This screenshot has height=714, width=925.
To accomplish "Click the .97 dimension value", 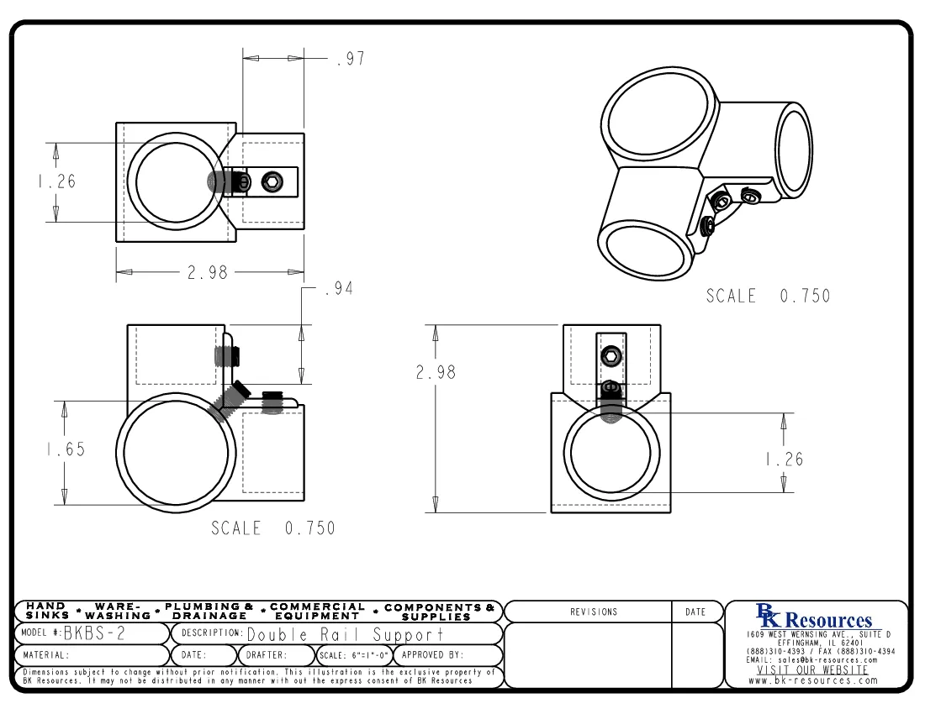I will (350, 60).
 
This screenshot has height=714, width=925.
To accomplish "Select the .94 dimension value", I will (338, 289).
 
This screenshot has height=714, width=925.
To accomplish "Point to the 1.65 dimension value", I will (65, 449).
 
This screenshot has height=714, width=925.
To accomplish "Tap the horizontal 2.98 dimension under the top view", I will (207, 272).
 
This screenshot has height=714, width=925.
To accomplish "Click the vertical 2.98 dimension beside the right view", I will (436, 372).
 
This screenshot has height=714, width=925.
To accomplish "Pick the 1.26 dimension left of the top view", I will (55, 181).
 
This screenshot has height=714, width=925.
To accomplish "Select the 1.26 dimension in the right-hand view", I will (783, 459).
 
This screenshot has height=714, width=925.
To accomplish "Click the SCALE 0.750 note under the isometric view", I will (768, 297).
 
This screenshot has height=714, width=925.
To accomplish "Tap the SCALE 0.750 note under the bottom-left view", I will (272, 528).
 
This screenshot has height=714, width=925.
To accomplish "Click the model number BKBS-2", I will (94, 633).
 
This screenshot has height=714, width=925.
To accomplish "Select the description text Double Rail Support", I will (345, 634).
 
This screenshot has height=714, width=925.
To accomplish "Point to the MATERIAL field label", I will (46, 655).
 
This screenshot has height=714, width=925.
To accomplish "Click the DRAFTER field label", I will (266, 655).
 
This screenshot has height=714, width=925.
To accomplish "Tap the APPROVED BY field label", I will (432, 655).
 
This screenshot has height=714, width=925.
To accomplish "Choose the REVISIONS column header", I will (594, 612).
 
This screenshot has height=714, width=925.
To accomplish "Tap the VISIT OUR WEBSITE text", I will (812, 670).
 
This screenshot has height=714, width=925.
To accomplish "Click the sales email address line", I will (812, 660).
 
